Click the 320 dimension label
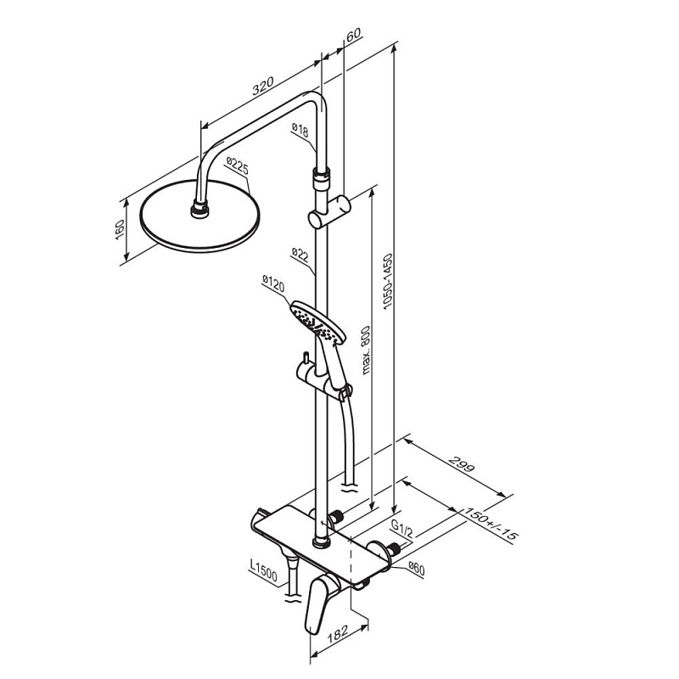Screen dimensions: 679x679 click(x=263, y=86)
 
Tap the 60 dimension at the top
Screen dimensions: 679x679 click(x=353, y=34)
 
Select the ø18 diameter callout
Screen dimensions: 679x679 click(x=300, y=130)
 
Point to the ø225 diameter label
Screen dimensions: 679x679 click(x=238, y=166)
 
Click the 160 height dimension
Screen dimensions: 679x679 click(x=120, y=230)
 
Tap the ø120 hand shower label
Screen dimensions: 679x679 click(x=273, y=283)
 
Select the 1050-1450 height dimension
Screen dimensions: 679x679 click(x=387, y=282)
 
